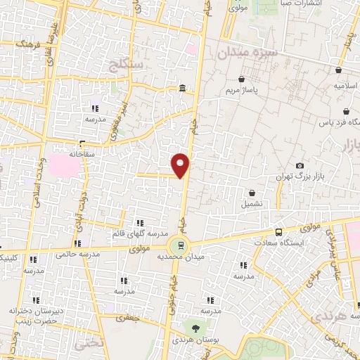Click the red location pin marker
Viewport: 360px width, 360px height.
point(181,165)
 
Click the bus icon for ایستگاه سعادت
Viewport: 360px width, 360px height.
point(279,232)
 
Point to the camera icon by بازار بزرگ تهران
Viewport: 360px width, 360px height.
point(300,165)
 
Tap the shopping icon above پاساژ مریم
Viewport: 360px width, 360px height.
point(242,79)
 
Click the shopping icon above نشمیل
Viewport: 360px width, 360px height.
point(252,193)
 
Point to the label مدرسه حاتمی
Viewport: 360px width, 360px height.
point(77,252)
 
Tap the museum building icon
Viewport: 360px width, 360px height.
point(182,88)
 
